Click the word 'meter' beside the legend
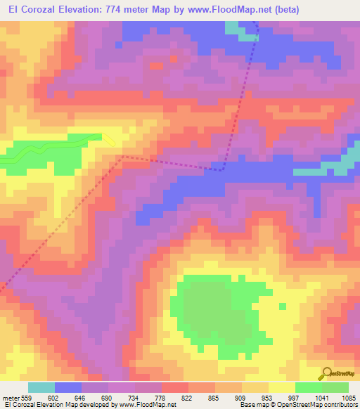pos(9,397)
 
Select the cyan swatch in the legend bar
pos(41,387)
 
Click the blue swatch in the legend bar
pos(68,387)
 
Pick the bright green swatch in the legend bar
pos(309,387)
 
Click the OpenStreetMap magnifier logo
pos(328,374)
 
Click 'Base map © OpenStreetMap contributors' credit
pos(296,405)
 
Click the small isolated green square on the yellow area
pos(283,306)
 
